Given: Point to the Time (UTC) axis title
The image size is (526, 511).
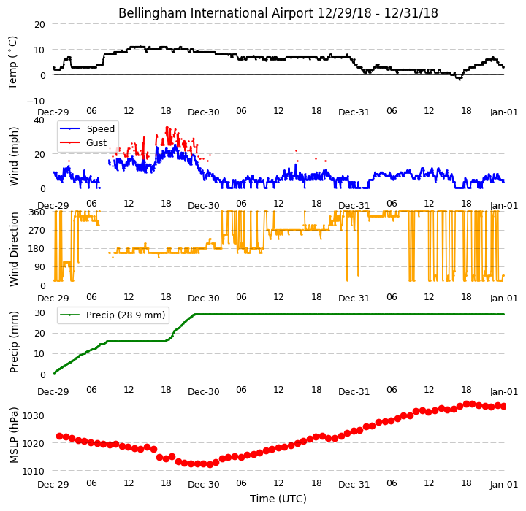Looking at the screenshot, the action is pos(278,499).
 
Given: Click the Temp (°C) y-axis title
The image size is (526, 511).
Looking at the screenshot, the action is pos(12,63).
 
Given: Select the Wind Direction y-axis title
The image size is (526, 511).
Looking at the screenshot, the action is pos(14,249).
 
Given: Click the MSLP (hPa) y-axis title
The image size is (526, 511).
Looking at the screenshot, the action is pos(13,435).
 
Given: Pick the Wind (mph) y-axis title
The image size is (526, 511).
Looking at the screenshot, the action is pos(14,156).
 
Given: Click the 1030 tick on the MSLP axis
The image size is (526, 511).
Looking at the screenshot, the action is pos(33,416).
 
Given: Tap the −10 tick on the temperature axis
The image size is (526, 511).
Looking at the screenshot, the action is pos(36,101).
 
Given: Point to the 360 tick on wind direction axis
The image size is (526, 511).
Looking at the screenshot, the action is pos(37,212).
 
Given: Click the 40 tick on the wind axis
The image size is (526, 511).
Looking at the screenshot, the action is pos(39,120).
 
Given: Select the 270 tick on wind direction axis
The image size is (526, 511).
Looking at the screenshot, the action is pos(37,231).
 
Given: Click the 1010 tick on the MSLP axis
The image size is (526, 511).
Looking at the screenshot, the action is pos(33,472).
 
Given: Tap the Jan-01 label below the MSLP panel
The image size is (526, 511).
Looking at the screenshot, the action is pos(504,485).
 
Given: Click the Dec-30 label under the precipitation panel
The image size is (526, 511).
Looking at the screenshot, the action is pos(204,391).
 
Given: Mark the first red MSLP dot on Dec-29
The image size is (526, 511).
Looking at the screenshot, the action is pos(60,437).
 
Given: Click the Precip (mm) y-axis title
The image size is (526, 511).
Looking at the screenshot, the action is pos(14,342).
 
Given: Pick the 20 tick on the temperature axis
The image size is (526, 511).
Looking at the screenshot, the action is pos(39,25).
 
